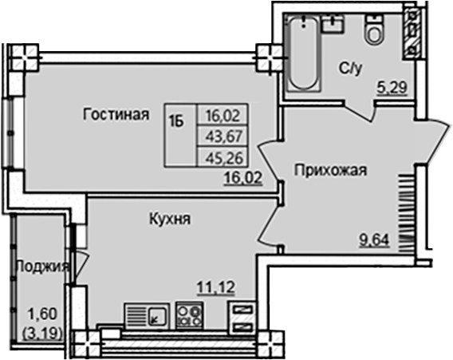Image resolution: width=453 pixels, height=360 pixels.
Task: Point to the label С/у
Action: point(349,69)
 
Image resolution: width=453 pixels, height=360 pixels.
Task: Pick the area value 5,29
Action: point(392,89)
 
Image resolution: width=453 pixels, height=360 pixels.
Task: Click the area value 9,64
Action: point(376,237)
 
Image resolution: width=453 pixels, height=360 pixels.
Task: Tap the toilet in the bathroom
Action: point(373,29)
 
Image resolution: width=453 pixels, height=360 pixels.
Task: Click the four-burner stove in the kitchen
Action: point(189,315)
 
